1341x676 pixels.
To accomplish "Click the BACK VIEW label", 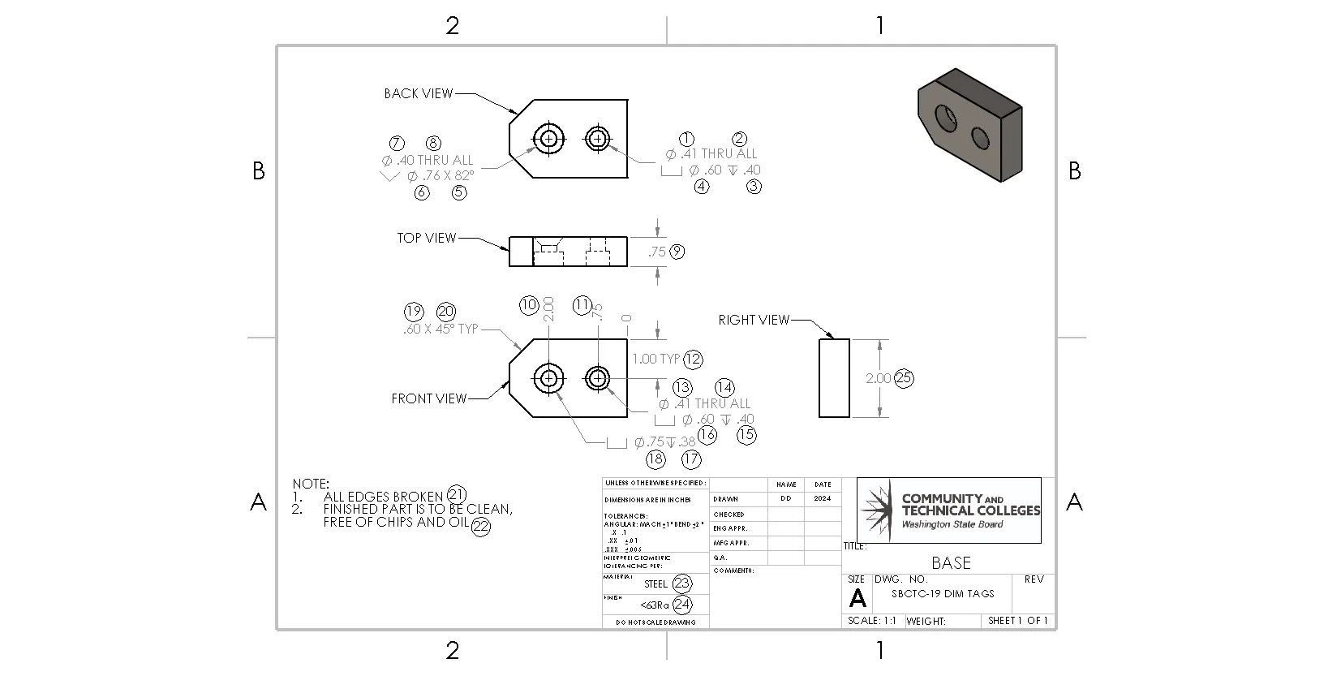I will [x=418, y=93].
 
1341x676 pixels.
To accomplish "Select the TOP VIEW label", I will [x=426, y=238].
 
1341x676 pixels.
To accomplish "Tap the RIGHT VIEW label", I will [x=753, y=320].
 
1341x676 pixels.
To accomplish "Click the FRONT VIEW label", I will [x=428, y=398].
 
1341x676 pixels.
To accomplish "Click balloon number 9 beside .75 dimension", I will [x=677, y=252].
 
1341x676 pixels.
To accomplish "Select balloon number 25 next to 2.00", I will [x=904, y=378].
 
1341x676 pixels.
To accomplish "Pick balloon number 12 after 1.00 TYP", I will [x=692, y=359].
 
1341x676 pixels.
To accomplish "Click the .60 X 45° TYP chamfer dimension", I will [x=441, y=329].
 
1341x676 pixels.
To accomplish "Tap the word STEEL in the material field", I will [x=655, y=583].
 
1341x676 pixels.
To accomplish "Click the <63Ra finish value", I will [x=654, y=605].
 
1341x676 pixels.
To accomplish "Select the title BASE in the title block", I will [x=951, y=562].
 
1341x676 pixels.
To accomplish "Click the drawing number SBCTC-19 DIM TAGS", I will [x=943, y=593].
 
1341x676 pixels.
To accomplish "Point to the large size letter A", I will [x=857, y=598].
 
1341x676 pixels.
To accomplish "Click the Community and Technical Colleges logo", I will [x=949, y=510].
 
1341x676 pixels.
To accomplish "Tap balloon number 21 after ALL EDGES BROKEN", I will [x=457, y=494].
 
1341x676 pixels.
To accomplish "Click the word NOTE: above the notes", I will [x=311, y=484].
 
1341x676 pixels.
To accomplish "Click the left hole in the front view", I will [x=549, y=377].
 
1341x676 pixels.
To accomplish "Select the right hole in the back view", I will [x=598, y=139].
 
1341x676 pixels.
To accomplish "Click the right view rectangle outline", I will [x=834, y=378].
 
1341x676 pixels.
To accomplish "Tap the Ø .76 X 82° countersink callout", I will [x=439, y=176].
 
